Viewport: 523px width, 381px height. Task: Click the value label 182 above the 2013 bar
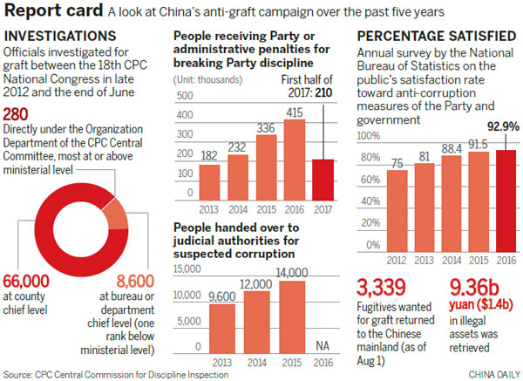(210, 155)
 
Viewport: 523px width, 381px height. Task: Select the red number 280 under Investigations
(22, 116)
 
